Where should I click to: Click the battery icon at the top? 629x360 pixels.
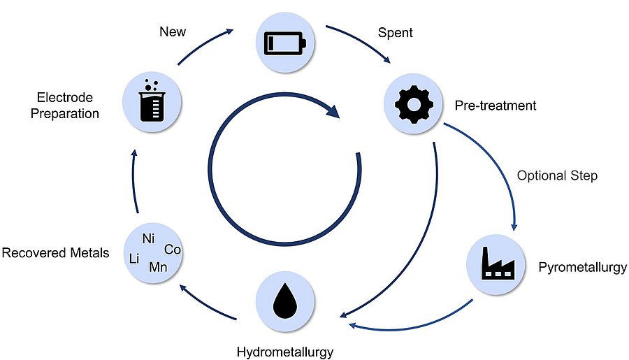pos(284,43)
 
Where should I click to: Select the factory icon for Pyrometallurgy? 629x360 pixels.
pos(496,266)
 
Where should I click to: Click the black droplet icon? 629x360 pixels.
pos(285,301)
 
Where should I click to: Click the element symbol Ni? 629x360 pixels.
pos(148,238)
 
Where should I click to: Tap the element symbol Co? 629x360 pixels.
pos(173,249)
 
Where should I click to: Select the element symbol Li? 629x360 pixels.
pos(135,259)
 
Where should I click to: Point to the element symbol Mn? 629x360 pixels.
pos(158,266)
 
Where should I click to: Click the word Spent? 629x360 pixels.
pos(395,32)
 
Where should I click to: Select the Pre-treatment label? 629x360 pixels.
pos(496,106)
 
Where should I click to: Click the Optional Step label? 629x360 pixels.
pos(557,175)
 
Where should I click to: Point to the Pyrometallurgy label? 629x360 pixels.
pos(583,267)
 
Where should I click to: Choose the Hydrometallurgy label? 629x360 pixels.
pos(284,350)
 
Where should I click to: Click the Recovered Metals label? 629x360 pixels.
pos(56,252)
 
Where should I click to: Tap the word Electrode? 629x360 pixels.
pos(65,98)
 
